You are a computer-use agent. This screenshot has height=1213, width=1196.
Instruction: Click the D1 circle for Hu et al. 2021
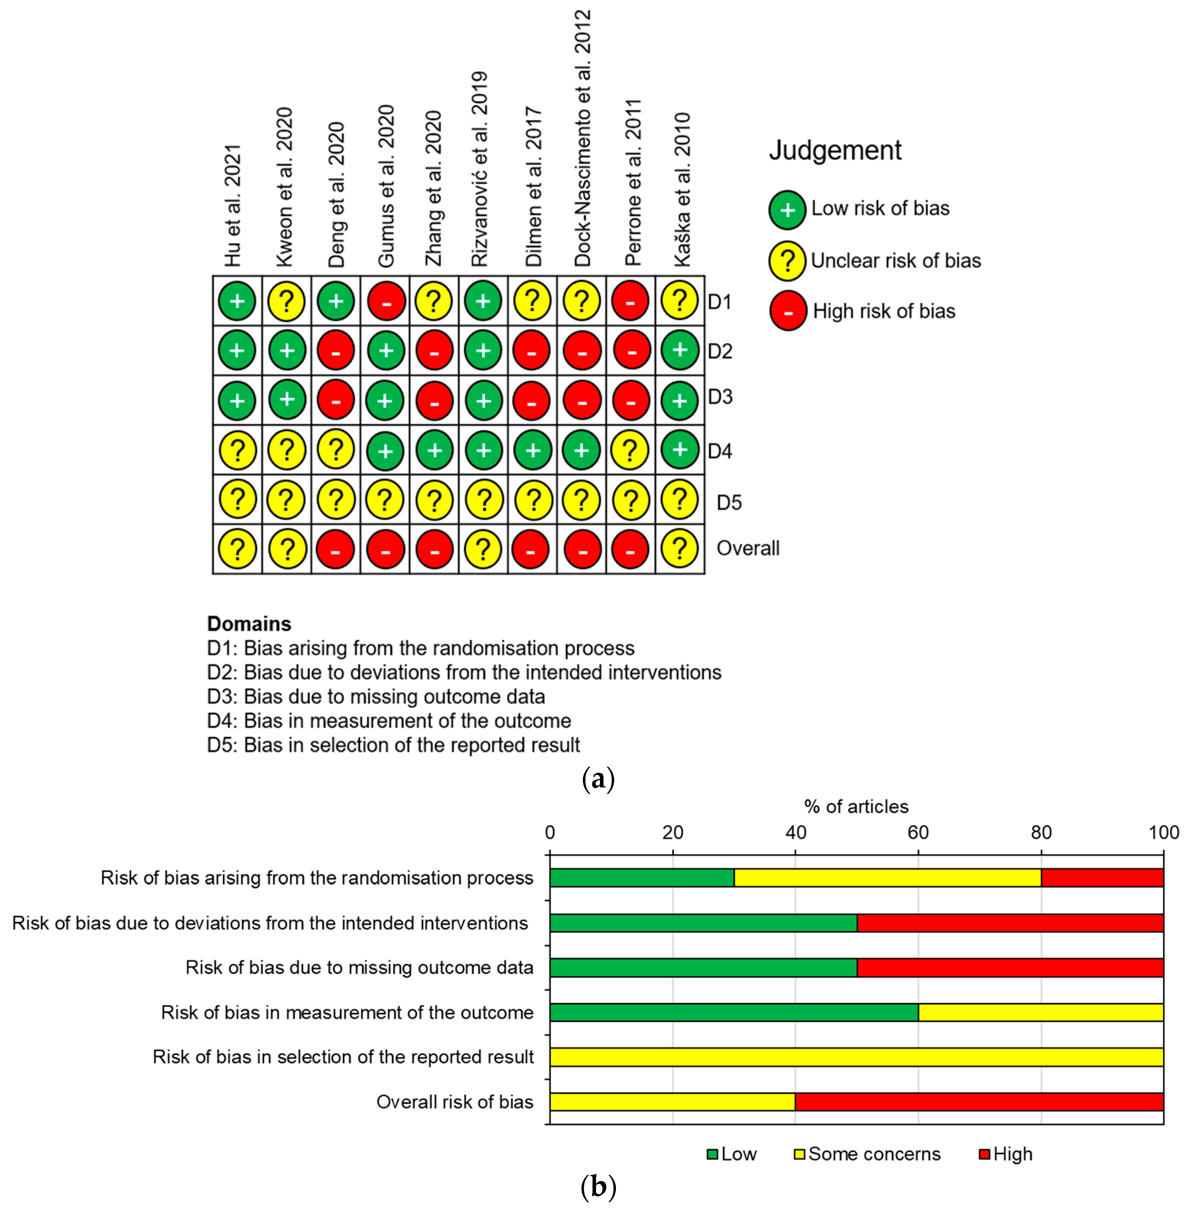click(x=237, y=301)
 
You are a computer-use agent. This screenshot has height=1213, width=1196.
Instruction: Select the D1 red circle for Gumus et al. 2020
click(x=386, y=301)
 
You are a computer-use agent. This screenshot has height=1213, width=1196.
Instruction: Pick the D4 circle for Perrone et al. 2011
click(x=630, y=449)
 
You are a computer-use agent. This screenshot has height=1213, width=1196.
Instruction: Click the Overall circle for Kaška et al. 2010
click(x=679, y=548)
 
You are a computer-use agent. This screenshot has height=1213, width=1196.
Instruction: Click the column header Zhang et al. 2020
click(x=434, y=188)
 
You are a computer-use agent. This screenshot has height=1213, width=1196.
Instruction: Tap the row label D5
click(x=729, y=502)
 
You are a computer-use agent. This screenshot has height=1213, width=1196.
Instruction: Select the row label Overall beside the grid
click(x=748, y=548)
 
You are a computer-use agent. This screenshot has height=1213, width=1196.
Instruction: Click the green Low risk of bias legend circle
click(x=787, y=210)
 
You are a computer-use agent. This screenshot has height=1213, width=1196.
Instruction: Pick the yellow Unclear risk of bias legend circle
click(x=787, y=261)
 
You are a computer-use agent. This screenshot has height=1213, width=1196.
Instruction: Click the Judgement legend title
click(x=835, y=151)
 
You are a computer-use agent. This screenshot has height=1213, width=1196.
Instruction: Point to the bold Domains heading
click(x=249, y=623)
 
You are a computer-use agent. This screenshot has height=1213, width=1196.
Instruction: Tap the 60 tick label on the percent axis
click(x=918, y=832)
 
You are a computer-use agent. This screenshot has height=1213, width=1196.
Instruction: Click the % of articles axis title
click(x=856, y=806)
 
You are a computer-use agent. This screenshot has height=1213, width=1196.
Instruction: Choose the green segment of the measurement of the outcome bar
click(x=733, y=1012)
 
